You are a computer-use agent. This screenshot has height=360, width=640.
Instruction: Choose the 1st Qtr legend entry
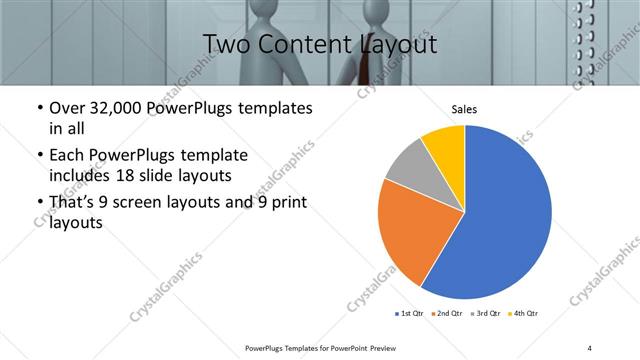coord(410,313)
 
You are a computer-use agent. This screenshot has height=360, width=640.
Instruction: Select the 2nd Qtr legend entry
coord(445,313)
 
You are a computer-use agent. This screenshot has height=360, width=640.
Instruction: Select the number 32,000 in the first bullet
coord(120,108)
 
